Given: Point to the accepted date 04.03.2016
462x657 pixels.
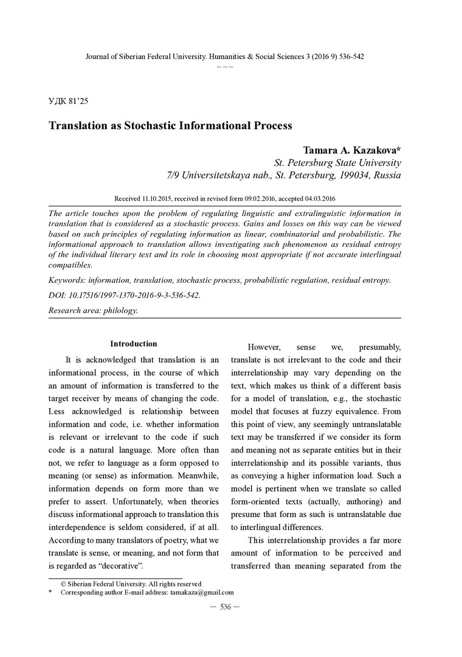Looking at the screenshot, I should coord(320,199).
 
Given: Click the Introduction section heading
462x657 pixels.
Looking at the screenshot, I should coord(134,344).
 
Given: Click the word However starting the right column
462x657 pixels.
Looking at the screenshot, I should coord(264,347).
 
